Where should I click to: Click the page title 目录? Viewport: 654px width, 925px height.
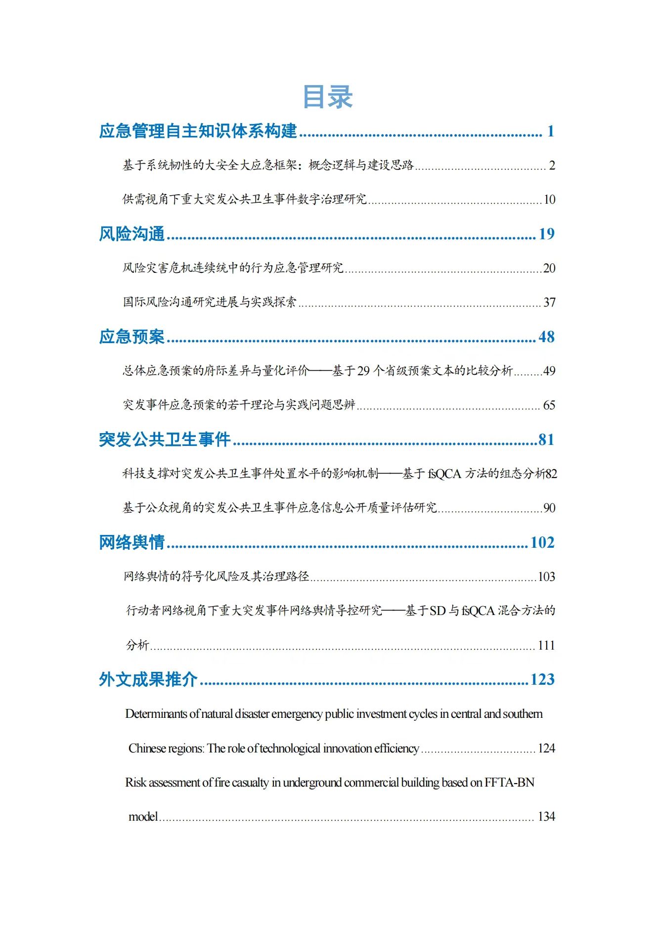coord(327,96)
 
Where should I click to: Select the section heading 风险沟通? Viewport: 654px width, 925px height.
coord(131,233)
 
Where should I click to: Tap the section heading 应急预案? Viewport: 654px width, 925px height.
coord(131,337)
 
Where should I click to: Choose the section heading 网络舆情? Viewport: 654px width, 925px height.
coord(131,542)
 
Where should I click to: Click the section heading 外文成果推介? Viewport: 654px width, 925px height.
coord(148,679)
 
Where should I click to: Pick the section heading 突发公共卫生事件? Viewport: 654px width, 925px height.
coord(165,440)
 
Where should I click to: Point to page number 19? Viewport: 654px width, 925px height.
coord(546,234)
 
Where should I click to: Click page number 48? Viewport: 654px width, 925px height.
coord(546,337)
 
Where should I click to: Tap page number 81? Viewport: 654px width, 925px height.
coord(546,440)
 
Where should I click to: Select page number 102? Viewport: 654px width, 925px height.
coord(542,543)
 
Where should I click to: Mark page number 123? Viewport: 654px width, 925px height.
coord(542,680)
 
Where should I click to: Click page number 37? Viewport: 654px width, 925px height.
coord(549,303)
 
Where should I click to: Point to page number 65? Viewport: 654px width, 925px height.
coord(549,405)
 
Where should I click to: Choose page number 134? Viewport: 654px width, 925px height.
coord(546,817)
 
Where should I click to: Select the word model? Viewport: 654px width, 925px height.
coord(143,817)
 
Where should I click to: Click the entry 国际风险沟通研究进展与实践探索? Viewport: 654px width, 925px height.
coord(210,302)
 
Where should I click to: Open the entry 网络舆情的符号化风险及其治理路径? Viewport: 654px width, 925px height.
coord(216,576)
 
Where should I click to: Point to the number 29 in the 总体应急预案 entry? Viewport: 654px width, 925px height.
coord(363,371)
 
